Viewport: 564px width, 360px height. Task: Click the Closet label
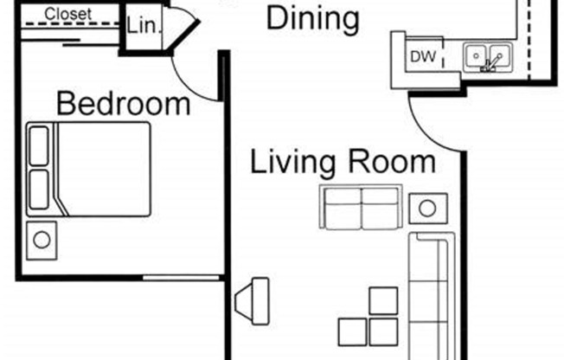click(x=68, y=15)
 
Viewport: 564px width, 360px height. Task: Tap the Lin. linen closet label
click(x=143, y=27)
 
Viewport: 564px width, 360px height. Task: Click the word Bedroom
click(x=123, y=105)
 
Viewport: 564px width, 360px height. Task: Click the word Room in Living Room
click(x=392, y=162)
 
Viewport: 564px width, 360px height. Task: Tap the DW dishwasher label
click(x=421, y=58)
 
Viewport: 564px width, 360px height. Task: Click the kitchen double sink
click(x=489, y=59)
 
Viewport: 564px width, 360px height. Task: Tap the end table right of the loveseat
click(x=428, y=208)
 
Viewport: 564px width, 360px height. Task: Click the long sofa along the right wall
click(x=430, y=294)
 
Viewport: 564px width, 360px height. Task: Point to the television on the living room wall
click(x=252, y=299)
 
